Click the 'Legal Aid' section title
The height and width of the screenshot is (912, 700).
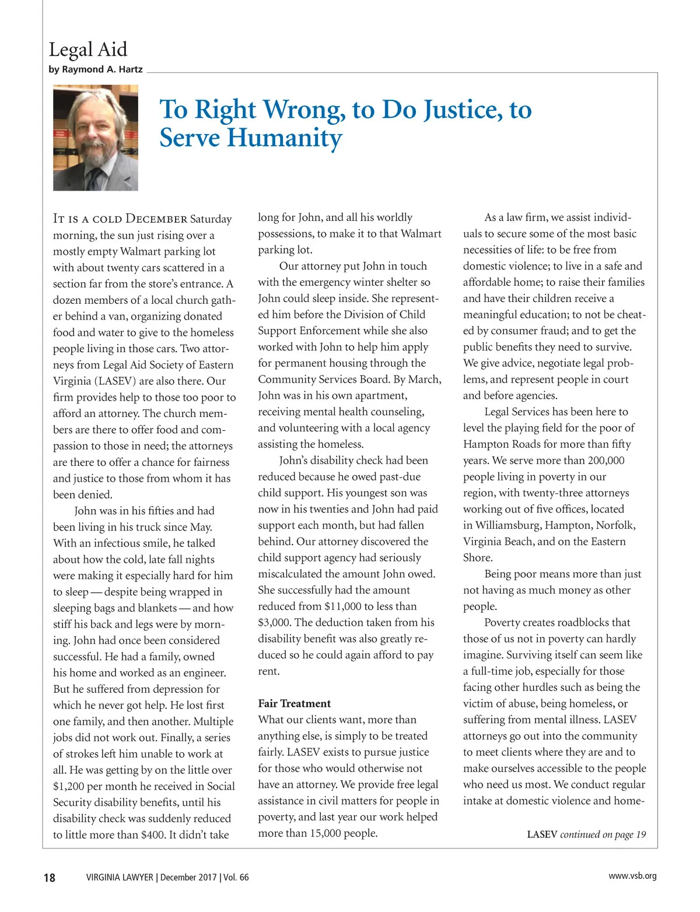(87, 50)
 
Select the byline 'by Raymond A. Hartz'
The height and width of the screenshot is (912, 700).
(96, 69)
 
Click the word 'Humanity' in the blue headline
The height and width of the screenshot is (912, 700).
(284, 138)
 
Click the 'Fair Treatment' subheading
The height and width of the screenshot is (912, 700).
(294, 703)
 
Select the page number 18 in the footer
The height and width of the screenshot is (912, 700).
(50, 878)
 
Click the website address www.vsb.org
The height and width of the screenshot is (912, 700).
(632, 876)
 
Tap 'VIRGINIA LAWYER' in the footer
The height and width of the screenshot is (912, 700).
(119, 878)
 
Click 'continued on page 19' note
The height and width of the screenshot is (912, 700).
(603, 834)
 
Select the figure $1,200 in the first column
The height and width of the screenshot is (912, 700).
(69, 786)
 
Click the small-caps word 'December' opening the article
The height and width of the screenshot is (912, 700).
(156, 219)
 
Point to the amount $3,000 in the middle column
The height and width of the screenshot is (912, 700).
(274, 623)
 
